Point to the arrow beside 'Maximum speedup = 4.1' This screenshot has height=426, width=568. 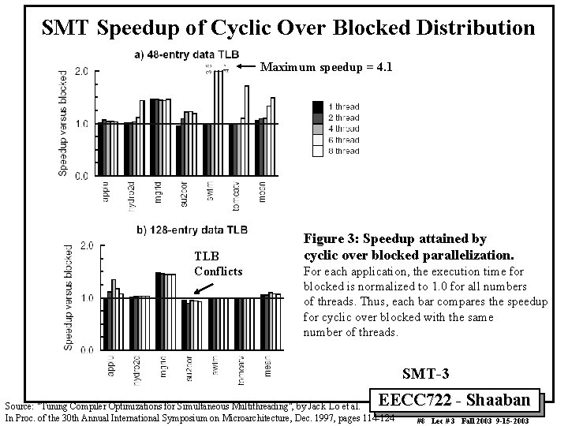click(x=248, y=66)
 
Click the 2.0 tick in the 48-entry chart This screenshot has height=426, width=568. click(x=81, y=71)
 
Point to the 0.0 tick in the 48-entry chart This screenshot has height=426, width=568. click(x=81, y=177)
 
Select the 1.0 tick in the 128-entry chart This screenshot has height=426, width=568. click(x=84, y=297)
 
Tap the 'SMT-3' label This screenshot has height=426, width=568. click(x=425, y=372)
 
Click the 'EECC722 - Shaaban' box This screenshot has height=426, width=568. click(x=461, y=400)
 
